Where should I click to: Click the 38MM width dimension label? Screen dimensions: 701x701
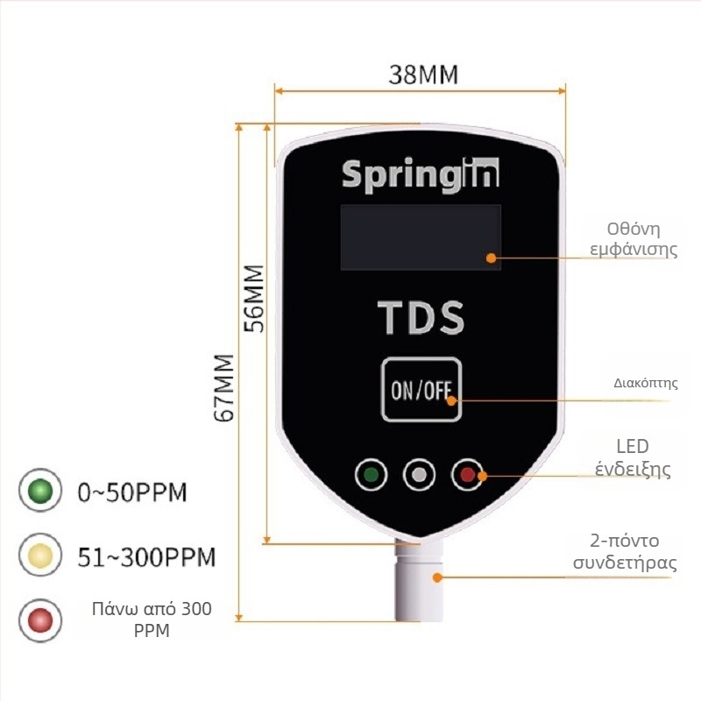coord(423,74)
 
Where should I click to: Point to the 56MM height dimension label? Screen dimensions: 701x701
coord(254,299)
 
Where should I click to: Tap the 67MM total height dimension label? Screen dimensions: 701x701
coord(224,387)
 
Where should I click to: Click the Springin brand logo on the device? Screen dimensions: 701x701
coord(421,175)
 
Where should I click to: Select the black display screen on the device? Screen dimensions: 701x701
coord(421,237)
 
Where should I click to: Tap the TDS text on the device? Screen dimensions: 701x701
coord(421,317)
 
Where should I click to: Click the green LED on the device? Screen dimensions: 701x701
coord(371,474)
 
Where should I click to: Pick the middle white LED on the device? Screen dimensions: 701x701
coord(419,474)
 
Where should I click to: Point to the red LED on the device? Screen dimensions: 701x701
coord(467,474)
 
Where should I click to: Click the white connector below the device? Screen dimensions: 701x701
coord(419,580)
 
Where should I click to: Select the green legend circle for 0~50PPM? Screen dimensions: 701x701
coord(40,491)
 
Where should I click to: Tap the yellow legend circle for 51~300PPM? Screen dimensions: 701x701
coord(40,556)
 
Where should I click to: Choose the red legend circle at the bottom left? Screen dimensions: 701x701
coord(40,620)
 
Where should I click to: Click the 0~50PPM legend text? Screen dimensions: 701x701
coord(132,492)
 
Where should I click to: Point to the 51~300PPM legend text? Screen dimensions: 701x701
coord(146,557)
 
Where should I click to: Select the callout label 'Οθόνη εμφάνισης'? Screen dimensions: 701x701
coord(634,239)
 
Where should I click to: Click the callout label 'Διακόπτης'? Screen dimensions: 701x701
coord(646,383)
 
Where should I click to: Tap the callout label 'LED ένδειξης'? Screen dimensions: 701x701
coord(633,457)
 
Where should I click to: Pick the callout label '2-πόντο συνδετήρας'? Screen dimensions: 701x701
coord(625,552)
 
